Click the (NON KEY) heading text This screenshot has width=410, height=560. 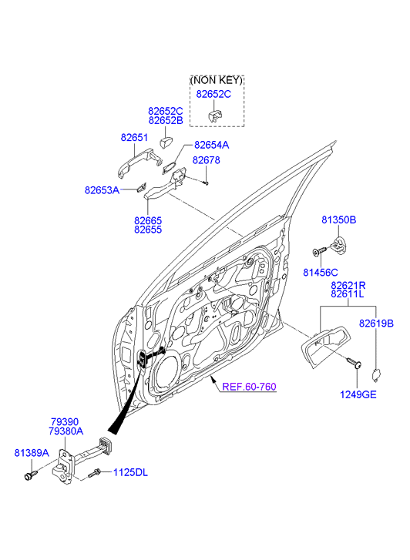pyautogui.click(x=217, y=80)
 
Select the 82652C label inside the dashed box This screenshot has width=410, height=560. pyautogui.click(x=213, y=94)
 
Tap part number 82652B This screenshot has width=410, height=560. pyautogui.click(x=166, y=120)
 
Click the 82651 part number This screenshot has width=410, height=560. pyautogui.click(x=134, y=138)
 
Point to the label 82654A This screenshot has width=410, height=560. pyautogui.click(x=212, y=145)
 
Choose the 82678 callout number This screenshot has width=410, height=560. pyautogui.click(x=207, y=160)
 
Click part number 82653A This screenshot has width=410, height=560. pyautogui.click(x=102, y=190)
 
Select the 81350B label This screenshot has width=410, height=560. pyautogui.click(x=339, y=220)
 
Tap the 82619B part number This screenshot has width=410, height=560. pyautogui.click(x=376, y=324)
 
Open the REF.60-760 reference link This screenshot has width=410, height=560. pyautogui.click(x=249, y=387)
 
